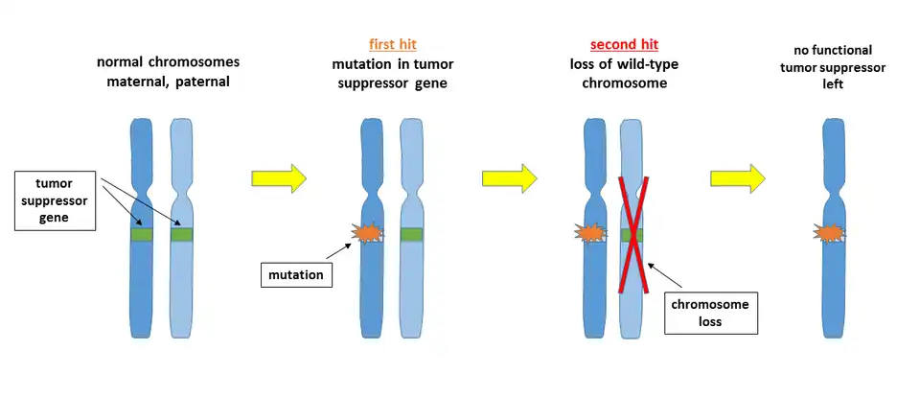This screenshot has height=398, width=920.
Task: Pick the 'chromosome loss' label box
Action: click(710, 314)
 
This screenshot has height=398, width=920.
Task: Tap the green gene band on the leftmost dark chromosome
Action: click(143, 234)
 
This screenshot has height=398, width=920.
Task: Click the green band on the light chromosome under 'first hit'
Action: click(412, 234)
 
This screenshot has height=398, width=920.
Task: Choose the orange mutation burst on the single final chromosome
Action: click(829, 233)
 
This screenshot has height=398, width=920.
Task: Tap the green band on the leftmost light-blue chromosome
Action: click(182, 234)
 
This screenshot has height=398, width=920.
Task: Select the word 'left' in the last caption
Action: click(839, 86)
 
